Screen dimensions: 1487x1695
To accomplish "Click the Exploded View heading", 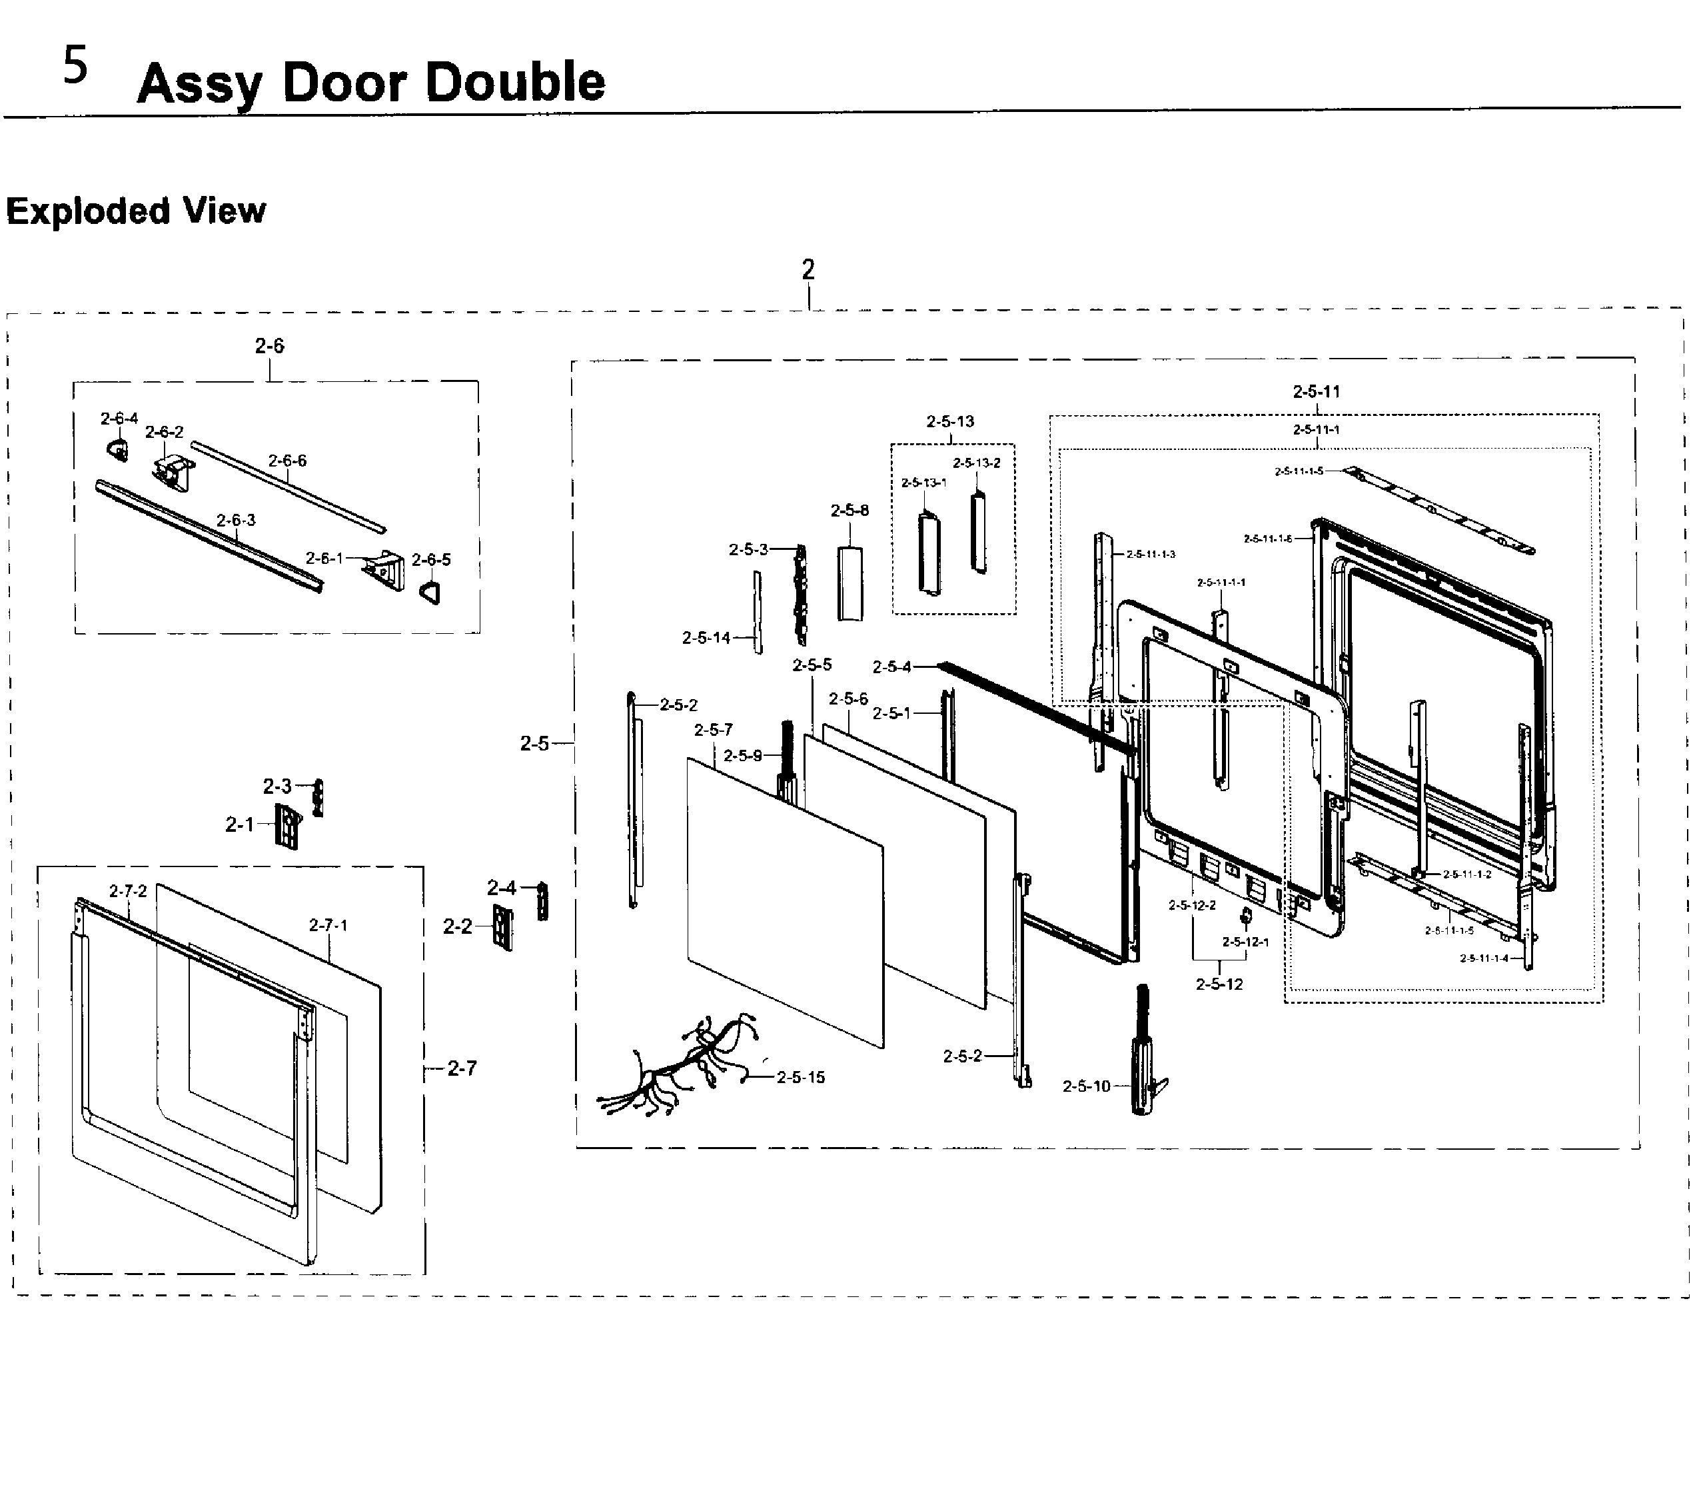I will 136,211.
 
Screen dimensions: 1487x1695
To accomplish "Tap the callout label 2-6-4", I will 119,419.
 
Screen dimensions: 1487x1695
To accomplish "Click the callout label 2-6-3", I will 237,520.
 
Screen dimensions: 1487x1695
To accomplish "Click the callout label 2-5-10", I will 1085,1086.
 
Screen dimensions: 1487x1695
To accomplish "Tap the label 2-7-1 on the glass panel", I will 328,924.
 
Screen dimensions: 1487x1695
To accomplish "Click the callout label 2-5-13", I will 949,421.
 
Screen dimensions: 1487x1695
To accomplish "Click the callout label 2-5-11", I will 1316,391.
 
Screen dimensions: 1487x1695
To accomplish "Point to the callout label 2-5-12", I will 1219,984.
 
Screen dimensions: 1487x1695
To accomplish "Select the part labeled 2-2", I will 503,927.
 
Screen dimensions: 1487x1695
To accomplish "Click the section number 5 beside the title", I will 75,67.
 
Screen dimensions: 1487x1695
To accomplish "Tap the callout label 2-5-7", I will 713,730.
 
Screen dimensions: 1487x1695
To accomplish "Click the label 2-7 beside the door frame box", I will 462,1068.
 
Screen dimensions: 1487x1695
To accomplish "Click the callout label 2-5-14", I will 706,638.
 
